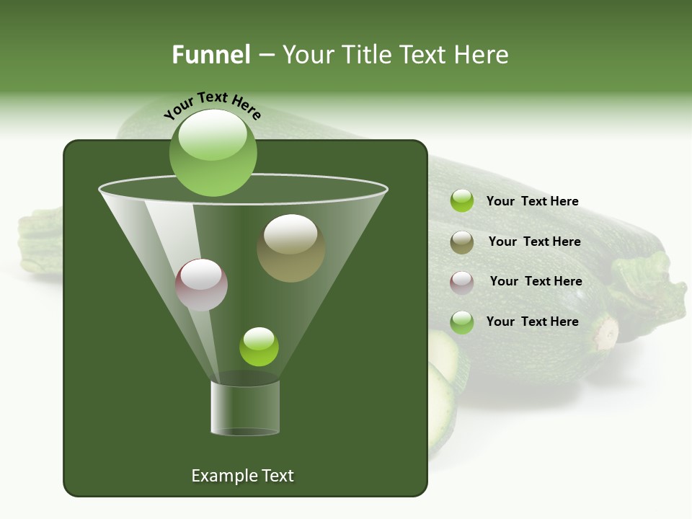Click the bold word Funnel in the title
(x=210, y=55)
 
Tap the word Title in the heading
(x=365, y=55)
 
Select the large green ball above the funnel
(x=213, y=152)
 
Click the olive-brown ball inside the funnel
(x=290, y=247)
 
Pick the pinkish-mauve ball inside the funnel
(x=201, y=285)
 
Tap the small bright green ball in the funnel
(x=259, y=346)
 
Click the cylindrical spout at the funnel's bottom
(x=245, y=408)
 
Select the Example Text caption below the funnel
(x=242, y=476)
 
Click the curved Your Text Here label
(x=213, y=105)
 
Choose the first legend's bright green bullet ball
(x=461, y=201)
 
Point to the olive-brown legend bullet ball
(x=461, y=242)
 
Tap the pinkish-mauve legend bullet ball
(x=461, y=282)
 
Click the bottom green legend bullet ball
(x=461, y=322)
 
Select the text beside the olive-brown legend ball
(x=534, y=241)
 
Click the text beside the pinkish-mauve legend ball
(x=536, y=281)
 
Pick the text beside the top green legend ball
(x=532, y=201)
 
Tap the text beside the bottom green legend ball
(x=532, y=321)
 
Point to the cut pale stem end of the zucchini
(x=605, y=332)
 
